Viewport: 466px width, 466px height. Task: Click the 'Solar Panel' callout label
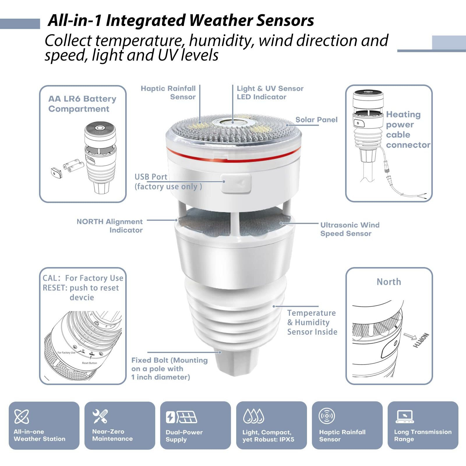click(316, 120)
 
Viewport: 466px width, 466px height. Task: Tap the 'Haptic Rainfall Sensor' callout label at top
click(168, 93)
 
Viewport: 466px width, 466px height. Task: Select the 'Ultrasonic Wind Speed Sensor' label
click(349, 229)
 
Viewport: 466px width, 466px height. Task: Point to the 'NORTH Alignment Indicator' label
click(110, 226)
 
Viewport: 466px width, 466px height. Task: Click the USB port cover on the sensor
click(236, 183)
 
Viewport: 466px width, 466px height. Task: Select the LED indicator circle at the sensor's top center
click(233, 122)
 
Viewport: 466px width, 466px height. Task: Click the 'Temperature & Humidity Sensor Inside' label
click(312, 322)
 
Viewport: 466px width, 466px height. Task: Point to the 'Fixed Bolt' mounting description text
click(169, 369)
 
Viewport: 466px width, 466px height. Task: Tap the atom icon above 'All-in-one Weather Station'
click(22, 416)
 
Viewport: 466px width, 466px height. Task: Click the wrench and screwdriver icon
click(100, 416)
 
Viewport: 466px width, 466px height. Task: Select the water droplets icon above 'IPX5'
click(253, 416)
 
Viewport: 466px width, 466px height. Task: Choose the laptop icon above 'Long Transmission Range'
click(405, 416)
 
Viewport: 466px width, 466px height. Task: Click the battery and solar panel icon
click(181, 417)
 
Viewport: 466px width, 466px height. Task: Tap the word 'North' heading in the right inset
click(389, 282)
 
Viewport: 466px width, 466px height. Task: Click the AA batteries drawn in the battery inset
click(73, 166)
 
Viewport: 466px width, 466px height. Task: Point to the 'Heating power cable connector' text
click(407, 130)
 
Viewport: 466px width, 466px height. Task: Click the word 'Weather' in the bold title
click(220, 20)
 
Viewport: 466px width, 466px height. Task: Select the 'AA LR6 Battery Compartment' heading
click(82, 104)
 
